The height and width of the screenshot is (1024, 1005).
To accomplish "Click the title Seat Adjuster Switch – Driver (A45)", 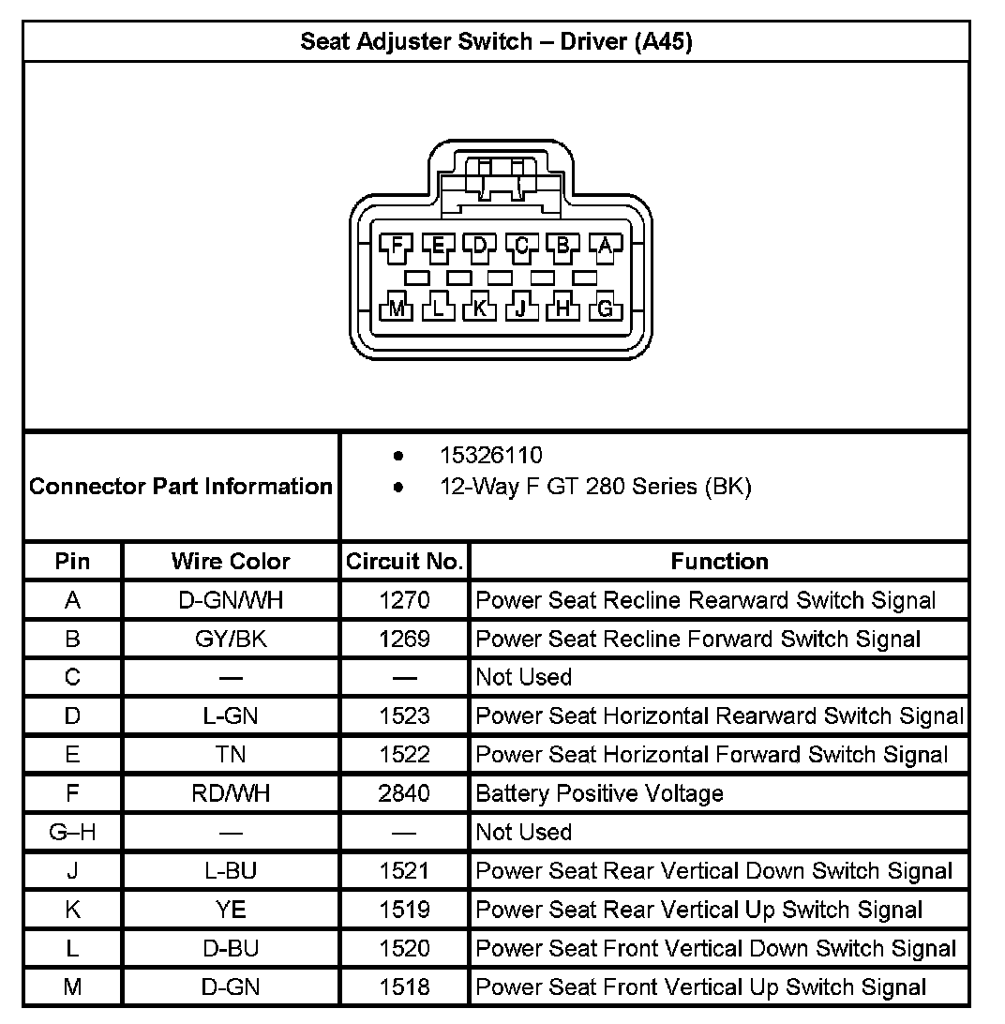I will pos(496,42).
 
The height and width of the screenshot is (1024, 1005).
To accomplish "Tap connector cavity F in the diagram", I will pos(397,247).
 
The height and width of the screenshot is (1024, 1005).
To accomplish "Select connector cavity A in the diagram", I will pos(605,247).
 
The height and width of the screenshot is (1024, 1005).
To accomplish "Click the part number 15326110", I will pos(491,456).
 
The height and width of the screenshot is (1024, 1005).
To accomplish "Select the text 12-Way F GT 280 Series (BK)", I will pos(595,487).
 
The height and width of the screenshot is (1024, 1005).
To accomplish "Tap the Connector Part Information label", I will pos(181,487).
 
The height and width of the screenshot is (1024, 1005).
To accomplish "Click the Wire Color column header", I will pos(231,562).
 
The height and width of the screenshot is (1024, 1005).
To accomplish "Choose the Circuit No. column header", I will pos(404,562).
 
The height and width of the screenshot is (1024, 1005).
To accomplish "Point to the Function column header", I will pos(719,562).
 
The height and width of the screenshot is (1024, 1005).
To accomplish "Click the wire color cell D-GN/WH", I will pos(231,600).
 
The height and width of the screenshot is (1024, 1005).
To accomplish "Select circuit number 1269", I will pos(404,639).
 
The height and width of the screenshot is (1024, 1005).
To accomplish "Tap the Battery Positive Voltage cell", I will pos(600,794).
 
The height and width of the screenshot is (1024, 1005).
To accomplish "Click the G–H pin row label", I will pos(72,832).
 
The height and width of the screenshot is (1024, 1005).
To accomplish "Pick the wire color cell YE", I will pos(231,910).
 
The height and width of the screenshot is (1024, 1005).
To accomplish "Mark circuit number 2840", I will pos(404,794).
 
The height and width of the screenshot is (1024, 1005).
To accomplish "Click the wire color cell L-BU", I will pos(231,871).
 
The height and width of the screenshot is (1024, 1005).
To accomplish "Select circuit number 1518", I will pos(404,986).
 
